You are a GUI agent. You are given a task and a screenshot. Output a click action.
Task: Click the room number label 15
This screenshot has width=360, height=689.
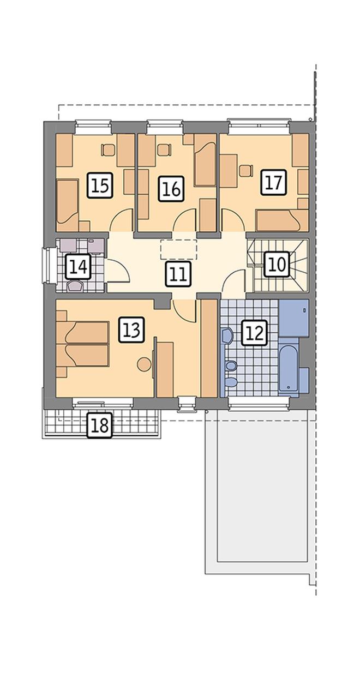pos(100,185)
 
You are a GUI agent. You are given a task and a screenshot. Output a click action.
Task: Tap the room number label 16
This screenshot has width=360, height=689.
pos(171,189)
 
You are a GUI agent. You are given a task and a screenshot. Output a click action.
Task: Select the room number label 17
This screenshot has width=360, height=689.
pos(274,182)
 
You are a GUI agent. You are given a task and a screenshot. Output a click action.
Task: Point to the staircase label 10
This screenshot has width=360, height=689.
pos(277,264)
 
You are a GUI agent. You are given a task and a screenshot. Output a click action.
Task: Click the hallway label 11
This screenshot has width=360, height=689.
pos(178,274)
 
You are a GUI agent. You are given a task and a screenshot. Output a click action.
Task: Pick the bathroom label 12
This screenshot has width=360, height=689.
pos(255,333)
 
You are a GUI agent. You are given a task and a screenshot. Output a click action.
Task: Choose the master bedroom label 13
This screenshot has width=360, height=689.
pos(131,329)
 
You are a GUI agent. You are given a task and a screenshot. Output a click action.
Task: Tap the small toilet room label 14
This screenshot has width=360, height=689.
pos(78,266)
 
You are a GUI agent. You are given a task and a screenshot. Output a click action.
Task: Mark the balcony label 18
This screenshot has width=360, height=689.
pos(100,425)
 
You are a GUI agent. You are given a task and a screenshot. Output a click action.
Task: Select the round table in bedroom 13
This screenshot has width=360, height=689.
pos(144,364)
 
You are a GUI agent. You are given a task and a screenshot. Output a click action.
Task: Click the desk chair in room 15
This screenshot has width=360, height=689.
pos(107,150)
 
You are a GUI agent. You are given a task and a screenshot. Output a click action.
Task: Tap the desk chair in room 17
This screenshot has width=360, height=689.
pos(245,171)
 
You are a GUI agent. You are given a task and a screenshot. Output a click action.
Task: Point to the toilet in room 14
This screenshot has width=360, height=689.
pos(75,286)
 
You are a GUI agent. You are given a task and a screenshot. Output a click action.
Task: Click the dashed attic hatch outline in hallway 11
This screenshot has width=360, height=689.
pos(178,249)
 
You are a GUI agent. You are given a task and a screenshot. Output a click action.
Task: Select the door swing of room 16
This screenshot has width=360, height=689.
pos(185,220)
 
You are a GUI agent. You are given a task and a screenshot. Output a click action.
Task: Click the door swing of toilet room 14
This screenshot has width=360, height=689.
pos(117,271)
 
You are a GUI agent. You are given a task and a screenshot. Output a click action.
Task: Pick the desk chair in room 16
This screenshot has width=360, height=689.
pos(163,150)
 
